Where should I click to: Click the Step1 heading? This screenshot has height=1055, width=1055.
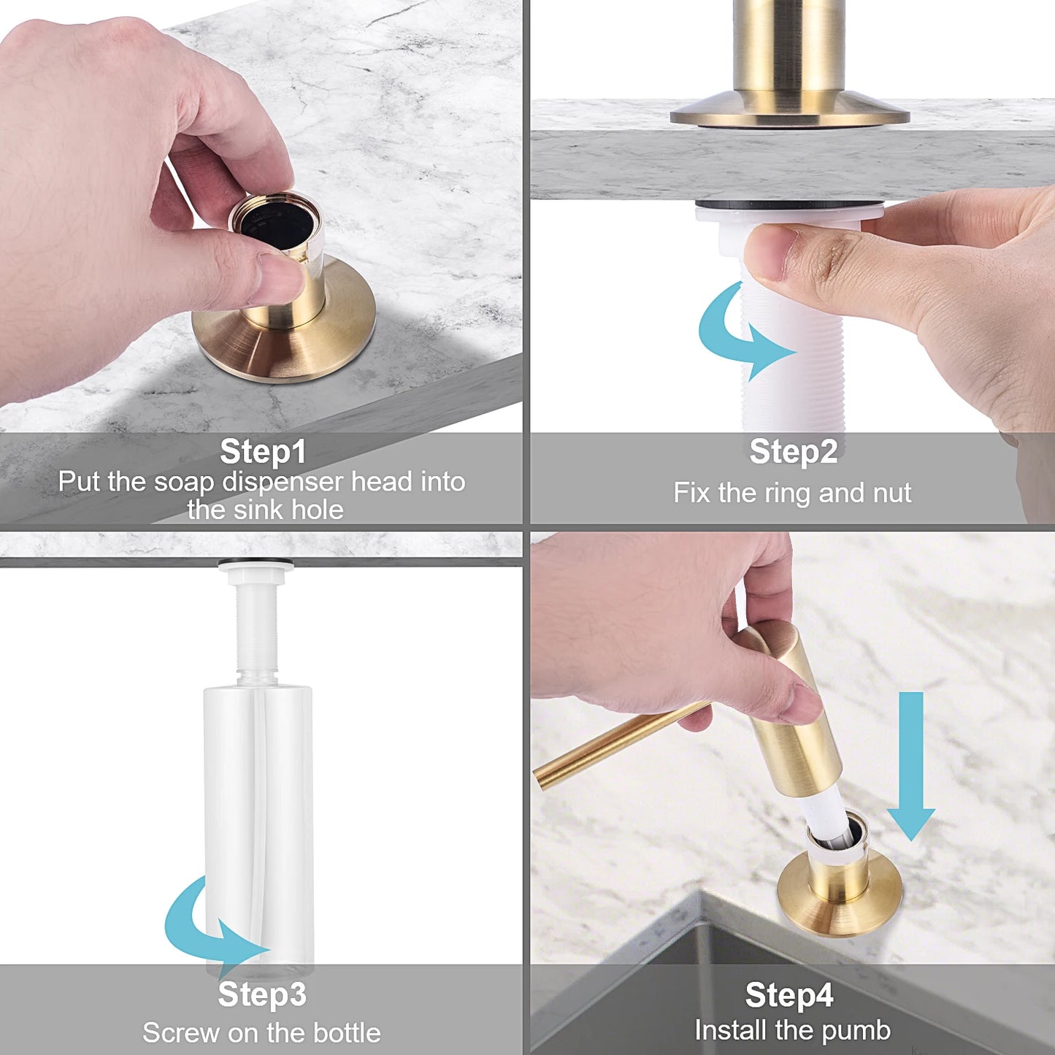click(263, 451)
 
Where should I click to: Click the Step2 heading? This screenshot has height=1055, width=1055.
click(793, 451)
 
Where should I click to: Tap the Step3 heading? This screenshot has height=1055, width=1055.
click(262, 994)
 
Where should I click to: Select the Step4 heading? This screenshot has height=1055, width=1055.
click(789, 995)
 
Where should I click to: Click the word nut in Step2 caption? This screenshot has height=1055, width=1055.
click(891, 493)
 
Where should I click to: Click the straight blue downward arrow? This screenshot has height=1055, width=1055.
click(910, 767)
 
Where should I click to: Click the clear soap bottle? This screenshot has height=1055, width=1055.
click(259, 818)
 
